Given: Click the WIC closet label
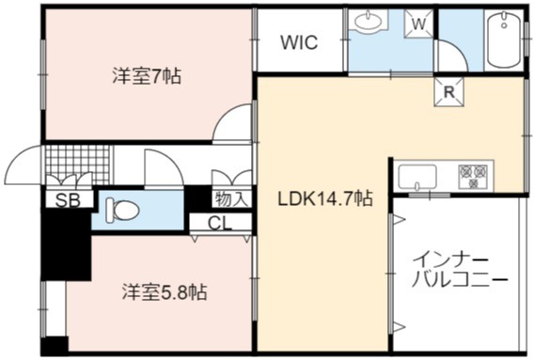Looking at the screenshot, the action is [x=299, y=42].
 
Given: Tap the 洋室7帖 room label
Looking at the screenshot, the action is [x=147, y=75].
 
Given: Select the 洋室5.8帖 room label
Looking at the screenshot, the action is [x=165, y=292].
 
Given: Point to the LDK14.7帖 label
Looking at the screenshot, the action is [x=325, y=198].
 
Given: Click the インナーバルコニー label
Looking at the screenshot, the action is [x=460, y=271].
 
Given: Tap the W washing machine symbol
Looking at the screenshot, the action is [x=419, y=23].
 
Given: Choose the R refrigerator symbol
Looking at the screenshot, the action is [x=448, y=92].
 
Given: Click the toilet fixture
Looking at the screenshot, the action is [x=122, y=211].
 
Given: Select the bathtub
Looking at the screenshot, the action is [x=504, y=40].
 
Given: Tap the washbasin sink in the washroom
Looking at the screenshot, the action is [x=369, y=21].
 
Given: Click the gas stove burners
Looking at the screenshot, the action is [x=473, y=177].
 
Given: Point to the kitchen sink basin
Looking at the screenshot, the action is [x=417, y=177].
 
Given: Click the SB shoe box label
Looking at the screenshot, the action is [x=68, y=200].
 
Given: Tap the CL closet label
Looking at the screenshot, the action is [x=220, y=224].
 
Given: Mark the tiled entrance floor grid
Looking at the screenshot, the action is [x=78, y=165].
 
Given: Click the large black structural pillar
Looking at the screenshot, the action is [x=66, y=244].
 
